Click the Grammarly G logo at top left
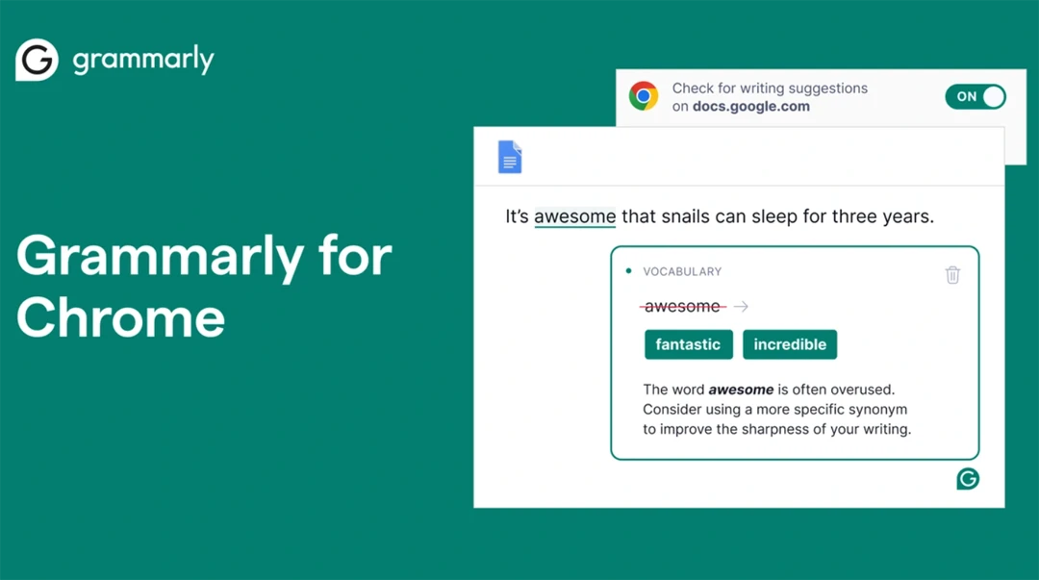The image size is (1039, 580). click(38, 60)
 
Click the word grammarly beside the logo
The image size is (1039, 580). click(143, 61)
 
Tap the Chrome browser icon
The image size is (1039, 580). click(644, 96)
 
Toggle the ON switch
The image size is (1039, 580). click(976, 97)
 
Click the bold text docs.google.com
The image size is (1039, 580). click(750, 107)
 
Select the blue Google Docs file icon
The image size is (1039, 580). click(510, 157)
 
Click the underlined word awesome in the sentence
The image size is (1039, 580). click(574, 216)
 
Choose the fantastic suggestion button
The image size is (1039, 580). click(689, 344)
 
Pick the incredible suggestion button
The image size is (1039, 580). click(790, 344)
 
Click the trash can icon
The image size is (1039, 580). click(952, 274)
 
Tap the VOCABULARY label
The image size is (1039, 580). click(682, 272)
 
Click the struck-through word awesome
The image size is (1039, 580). click(682, 306)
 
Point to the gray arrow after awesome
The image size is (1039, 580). click(741, 306)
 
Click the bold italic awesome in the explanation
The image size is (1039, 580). click(741, 390)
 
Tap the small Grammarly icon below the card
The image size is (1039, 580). click(968, 479)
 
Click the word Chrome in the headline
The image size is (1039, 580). click(120, 318)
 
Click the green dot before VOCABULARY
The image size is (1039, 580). click(629, 271)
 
